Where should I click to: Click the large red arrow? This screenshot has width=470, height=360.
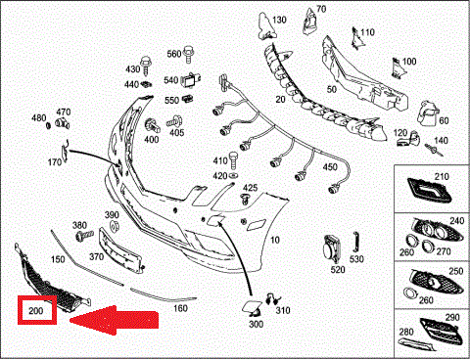115,320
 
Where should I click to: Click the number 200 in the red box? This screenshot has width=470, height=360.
36,310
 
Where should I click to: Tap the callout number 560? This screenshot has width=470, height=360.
174,54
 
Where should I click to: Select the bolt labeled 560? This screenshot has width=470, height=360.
188,55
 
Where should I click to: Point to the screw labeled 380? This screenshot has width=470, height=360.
84,236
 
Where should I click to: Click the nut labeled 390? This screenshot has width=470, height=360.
114,226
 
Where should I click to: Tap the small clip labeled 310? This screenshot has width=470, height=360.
271,298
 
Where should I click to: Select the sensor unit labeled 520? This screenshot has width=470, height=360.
332,249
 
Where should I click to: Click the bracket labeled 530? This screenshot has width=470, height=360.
355,243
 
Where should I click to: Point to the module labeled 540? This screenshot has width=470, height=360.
191,80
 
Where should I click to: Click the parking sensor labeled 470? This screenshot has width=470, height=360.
62,123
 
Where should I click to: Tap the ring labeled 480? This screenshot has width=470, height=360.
48,125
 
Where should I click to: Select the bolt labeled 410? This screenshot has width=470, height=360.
233,159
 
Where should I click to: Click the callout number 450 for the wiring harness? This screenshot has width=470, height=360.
330,167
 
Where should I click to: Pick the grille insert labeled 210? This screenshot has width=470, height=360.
429,190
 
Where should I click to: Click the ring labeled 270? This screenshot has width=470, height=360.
427,247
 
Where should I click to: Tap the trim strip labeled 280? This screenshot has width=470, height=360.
417,344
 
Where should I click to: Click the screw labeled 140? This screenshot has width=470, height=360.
434,151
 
